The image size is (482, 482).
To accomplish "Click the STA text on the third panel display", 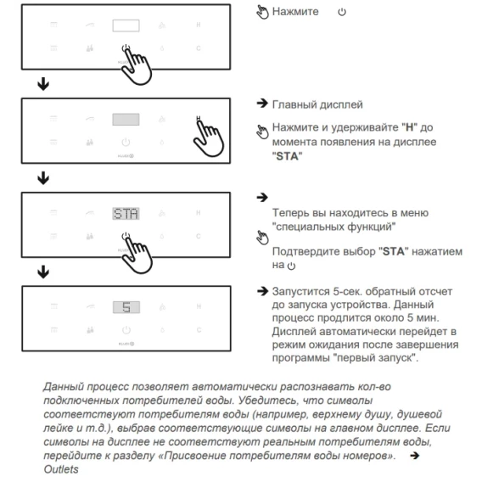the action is point(126,214).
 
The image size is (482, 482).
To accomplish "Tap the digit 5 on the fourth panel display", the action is point(126,307).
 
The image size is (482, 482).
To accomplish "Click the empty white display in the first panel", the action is point(126,25).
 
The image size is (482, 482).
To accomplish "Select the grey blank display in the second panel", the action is point(126,120).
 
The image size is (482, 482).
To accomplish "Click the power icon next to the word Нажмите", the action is point(342,12).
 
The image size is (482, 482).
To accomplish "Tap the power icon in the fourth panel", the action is point(126,330).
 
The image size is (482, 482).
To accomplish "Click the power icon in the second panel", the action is point(126,142).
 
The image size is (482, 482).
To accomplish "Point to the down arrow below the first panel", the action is point(43,84).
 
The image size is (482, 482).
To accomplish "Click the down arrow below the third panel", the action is point(43,272).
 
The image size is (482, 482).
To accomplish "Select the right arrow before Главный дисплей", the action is point(262,104).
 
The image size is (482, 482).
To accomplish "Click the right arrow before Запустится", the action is point(262,291).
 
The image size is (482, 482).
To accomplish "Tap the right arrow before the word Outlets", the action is point(415,455).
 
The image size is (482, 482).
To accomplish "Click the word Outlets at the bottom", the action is point(61,469).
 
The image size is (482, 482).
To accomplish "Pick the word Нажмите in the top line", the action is point(295,12).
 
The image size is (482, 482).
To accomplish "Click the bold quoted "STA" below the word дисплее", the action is point(287,156).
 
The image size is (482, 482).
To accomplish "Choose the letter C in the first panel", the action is point(199,48).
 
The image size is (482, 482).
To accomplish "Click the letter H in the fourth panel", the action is point(199,306).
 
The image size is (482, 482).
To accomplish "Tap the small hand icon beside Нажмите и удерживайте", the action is point(262,132).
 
